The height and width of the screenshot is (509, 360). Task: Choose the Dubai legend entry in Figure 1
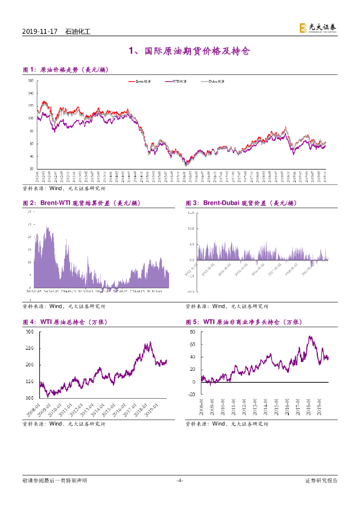point(214,81)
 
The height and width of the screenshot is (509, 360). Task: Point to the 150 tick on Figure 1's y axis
point(31,81)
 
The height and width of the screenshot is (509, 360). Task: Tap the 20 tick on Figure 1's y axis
point(31,169)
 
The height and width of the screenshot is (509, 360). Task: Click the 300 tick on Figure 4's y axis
point(29,332)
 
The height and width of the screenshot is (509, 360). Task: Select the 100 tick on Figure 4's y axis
point(29,398)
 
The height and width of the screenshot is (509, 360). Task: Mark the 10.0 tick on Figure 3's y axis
point(189,229)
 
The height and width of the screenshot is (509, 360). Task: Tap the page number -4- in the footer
point(180,480)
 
